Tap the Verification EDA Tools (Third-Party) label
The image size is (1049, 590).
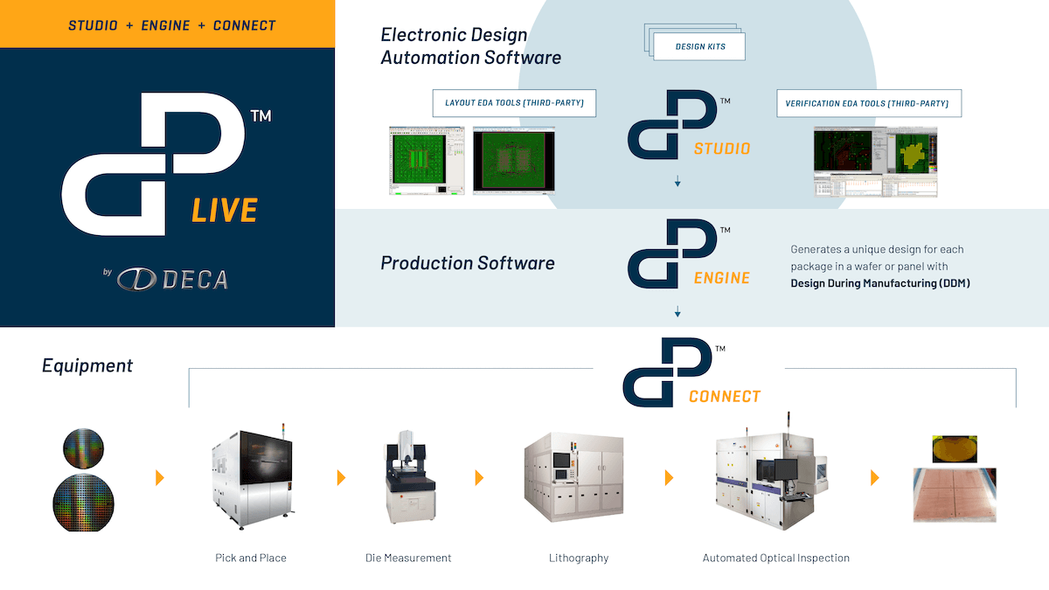[868, 103]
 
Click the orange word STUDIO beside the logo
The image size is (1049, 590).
[722, 149]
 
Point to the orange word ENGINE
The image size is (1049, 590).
[722, 278]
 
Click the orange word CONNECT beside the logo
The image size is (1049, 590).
[725, 397]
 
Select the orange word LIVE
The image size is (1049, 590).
[225, 211]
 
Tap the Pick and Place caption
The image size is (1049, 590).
[251, 558]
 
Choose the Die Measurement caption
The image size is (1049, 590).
[408, 558]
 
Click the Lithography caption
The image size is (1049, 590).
[579, 558]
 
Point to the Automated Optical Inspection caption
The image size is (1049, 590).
[776, 558]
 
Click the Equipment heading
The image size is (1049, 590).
[87, 365]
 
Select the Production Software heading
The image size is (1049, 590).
[468, 263]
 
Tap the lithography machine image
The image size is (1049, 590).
[573, 479]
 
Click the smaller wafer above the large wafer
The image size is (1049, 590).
[83, 448]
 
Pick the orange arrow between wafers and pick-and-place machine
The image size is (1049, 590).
[159, 477]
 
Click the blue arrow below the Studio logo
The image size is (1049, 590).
[677, 183]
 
